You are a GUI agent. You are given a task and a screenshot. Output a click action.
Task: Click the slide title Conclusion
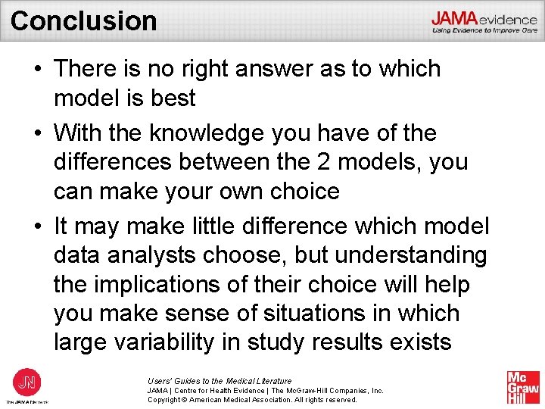coord(83,20)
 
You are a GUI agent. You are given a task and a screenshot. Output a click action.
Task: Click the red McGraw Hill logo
coord(523,387)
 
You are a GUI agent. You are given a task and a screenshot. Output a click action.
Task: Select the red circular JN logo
coord(26,381)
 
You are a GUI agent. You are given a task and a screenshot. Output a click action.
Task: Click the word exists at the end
coord(419,342)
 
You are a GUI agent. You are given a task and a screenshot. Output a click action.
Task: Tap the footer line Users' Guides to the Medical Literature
coord(220,381)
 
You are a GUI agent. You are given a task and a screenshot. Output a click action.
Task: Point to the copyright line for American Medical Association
coord(252,400)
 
